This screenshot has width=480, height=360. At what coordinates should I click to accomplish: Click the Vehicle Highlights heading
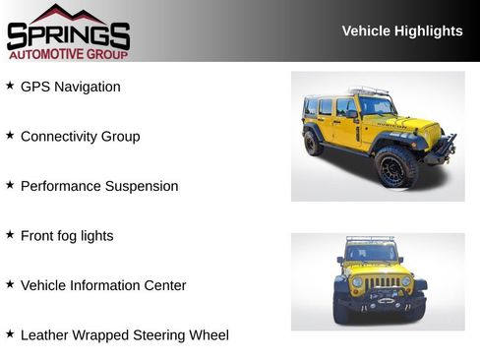click(x=401, y=30)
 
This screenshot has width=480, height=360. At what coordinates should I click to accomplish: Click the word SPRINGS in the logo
click(x=68, y=36)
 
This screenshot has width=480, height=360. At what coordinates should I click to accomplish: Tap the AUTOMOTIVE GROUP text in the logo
click(x=68, y=53)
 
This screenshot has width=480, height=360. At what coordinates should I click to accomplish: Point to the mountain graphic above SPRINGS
click(x=68, y=13)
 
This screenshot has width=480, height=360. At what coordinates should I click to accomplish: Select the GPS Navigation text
click(x=70, y=87)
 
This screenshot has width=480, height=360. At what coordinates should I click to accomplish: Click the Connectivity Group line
click(x=80, y=137)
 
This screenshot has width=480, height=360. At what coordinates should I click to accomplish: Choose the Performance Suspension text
click(x=99, y=186)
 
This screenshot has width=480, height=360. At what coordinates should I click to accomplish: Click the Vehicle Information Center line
click(x=103, y=285)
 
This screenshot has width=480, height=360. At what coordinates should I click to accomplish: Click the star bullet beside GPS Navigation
click(x=10, y=86)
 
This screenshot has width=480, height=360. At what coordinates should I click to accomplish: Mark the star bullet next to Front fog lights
click(x=10, y=235)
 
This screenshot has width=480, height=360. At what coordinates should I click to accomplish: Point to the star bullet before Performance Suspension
click(x=10, y=185)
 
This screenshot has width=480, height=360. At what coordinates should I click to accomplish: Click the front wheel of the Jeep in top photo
click(x=395, y=166)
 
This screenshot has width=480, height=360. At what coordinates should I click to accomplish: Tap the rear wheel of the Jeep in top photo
click(x=313, y=143)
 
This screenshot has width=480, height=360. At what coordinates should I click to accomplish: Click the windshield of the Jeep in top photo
click(x=376, y=105)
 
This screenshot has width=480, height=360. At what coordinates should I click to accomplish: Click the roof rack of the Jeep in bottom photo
click(x=371, y=239)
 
